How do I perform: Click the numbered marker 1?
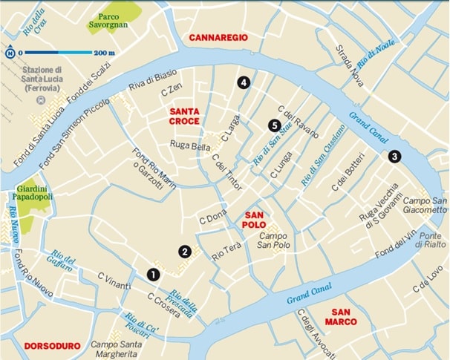(153, 274)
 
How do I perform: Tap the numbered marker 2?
(185, 251)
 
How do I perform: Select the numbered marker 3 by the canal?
(394, 156)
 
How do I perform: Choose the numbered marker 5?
(274, 125)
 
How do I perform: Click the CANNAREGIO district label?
(218, 37)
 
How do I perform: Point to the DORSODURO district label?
(51, 346)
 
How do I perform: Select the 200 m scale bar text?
(104, 53)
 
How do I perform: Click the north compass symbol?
(10, 53)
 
